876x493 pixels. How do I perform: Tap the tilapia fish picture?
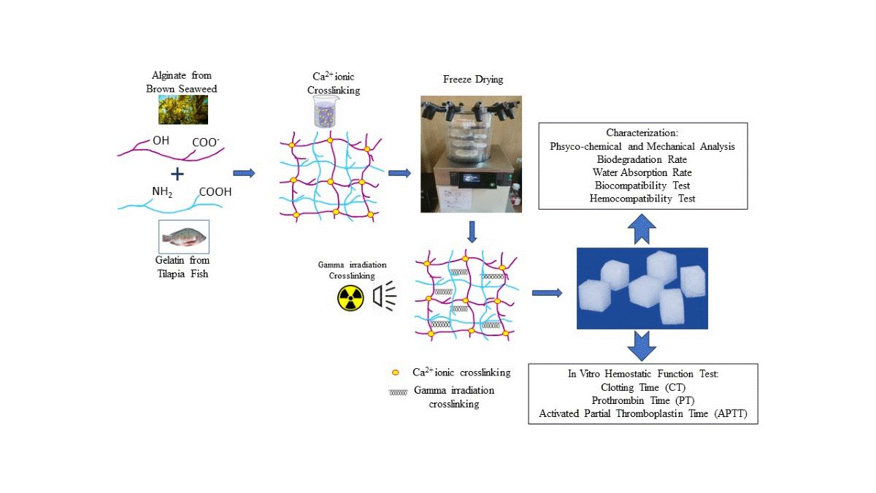184,237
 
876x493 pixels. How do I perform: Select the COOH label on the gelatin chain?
215,192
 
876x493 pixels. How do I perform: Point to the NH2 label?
162,191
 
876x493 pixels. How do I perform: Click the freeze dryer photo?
472,154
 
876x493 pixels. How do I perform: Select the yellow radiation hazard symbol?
350,297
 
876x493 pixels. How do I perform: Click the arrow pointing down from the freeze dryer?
472,232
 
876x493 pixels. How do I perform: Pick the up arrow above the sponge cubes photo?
642,229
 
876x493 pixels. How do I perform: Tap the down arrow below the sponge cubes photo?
642,345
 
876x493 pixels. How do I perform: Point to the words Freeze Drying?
473,79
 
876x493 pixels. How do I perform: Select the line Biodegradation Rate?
642,159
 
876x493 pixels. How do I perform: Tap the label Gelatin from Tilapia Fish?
184,266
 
